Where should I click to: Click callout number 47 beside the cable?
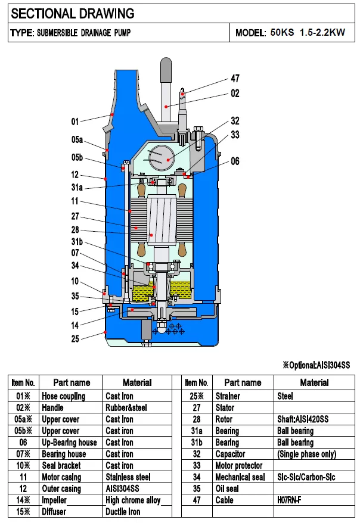[235, 79]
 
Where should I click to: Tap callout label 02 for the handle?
[235, 94]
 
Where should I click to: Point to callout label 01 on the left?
[75, 122]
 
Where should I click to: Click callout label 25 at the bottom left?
[75, 339]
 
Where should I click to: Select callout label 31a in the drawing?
[77, 188]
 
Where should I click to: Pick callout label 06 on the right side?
[235, 161]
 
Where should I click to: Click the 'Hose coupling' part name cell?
[64, 396]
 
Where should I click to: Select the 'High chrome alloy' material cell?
[133, 500]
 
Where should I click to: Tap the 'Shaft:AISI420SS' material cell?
[302, 419]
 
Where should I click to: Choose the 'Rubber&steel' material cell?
[126, 408]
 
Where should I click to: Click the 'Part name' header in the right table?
[243, 383]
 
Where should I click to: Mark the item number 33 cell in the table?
[196, 466]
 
